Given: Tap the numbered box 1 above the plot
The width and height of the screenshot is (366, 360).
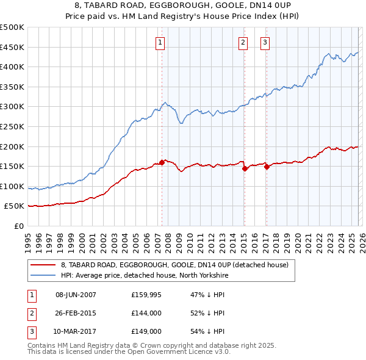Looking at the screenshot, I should click(160, 42).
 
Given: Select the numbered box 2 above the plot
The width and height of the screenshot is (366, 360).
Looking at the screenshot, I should click(243, 42).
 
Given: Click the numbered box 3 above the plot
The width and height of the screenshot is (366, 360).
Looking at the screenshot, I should click(266, 42).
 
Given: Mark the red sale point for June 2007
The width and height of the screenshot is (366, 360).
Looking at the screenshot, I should click(162, 162).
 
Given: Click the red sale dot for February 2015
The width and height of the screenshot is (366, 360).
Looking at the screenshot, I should click(245, 168).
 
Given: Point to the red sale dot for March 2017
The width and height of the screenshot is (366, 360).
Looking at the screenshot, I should click(267, 167).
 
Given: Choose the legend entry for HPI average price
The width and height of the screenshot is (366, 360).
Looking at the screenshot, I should click(144, 275).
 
